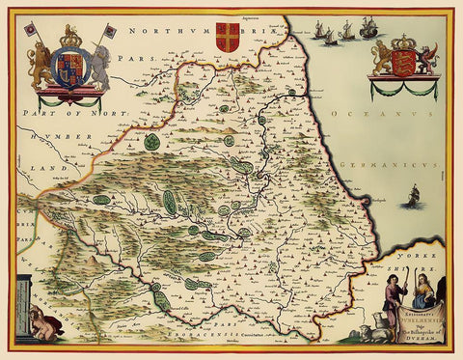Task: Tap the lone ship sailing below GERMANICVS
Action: point(414,199)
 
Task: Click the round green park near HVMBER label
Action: point(152,142)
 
